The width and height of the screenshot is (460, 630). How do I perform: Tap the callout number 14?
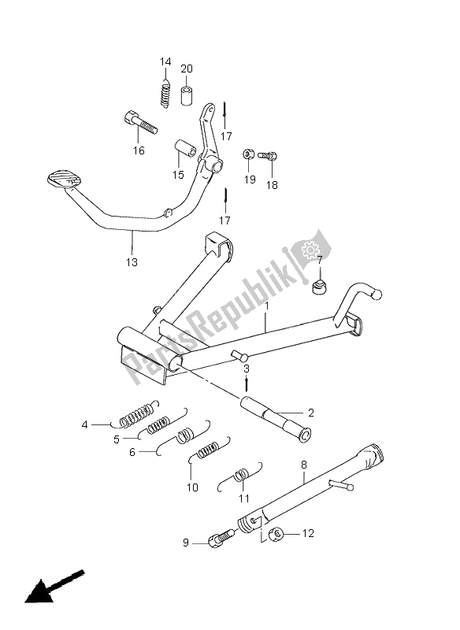click(165, 62)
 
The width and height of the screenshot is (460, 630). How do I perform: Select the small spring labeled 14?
click(166, 91)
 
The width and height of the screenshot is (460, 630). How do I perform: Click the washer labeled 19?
click(248, 154)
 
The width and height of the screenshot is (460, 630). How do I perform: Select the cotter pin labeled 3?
click(247, 384)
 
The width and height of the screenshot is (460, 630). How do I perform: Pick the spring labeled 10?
click(206, 452)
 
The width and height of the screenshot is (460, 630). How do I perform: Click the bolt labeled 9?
click(220, 540)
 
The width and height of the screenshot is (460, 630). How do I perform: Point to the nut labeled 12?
click(275, 535)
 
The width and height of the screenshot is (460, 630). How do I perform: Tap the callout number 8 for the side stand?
click(303, 465)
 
